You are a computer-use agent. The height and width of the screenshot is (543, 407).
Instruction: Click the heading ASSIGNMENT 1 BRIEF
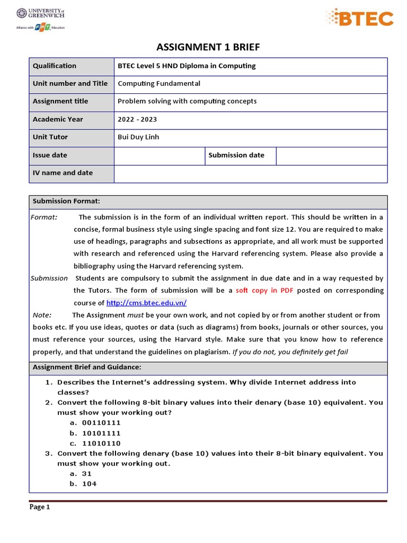[x=208, y=48]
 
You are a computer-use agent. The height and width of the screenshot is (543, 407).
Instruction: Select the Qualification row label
[x=55, y=66]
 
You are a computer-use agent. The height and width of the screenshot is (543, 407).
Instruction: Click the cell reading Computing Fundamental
[x=159, y=84]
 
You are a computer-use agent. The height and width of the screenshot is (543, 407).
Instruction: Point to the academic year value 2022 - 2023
[x=137, y=119]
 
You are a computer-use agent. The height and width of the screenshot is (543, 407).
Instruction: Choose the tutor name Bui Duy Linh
[x=138, y=137]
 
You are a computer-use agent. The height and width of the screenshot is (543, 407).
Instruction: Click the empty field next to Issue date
[x=160, y=155]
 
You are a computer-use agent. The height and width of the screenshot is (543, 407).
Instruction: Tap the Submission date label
[x=236, y=155]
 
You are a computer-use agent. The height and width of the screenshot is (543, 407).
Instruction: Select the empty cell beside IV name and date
[x=250, y=173]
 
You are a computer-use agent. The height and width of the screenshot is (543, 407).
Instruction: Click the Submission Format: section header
[x=66, y=202]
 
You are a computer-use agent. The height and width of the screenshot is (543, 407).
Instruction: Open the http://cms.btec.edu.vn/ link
[x=146, y=303]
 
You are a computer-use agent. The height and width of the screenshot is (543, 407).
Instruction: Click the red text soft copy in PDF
[x=264, y=291]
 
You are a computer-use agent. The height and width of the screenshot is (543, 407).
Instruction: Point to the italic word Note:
[x=42, y=315]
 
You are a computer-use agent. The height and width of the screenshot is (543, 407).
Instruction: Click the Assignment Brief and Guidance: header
[x=87, y=367]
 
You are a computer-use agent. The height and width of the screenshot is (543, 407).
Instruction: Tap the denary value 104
[x=89, y=484]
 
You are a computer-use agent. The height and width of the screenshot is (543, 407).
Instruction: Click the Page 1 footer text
[x=40, y=507]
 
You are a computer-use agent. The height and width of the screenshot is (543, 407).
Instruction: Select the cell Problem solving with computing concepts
[x=187, y=101]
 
